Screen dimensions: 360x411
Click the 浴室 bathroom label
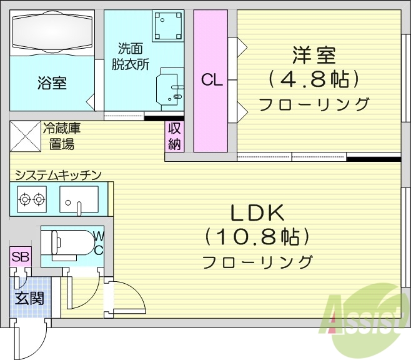click(52, 82)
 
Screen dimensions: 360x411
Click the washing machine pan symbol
click(167, 26)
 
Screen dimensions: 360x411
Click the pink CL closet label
click(211, 80)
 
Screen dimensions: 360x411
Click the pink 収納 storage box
click(174, 136)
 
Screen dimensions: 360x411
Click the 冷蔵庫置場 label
click(62, 137)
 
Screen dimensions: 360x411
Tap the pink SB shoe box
click(20, 256)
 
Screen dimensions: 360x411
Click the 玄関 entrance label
click(29, 297)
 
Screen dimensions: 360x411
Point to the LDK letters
click(258, 213)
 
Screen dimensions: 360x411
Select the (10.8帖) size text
click(257, 237)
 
